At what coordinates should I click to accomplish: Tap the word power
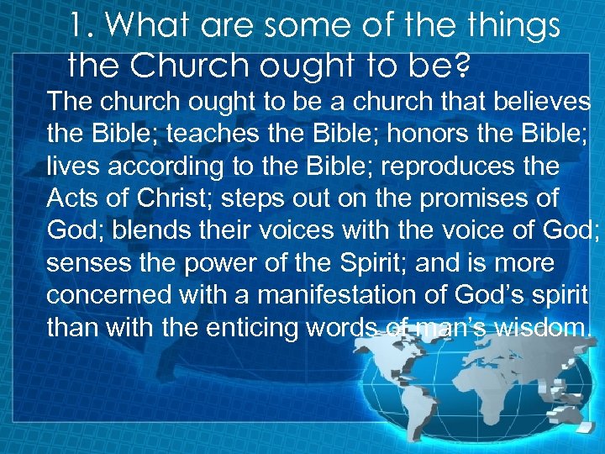pos(208,263)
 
